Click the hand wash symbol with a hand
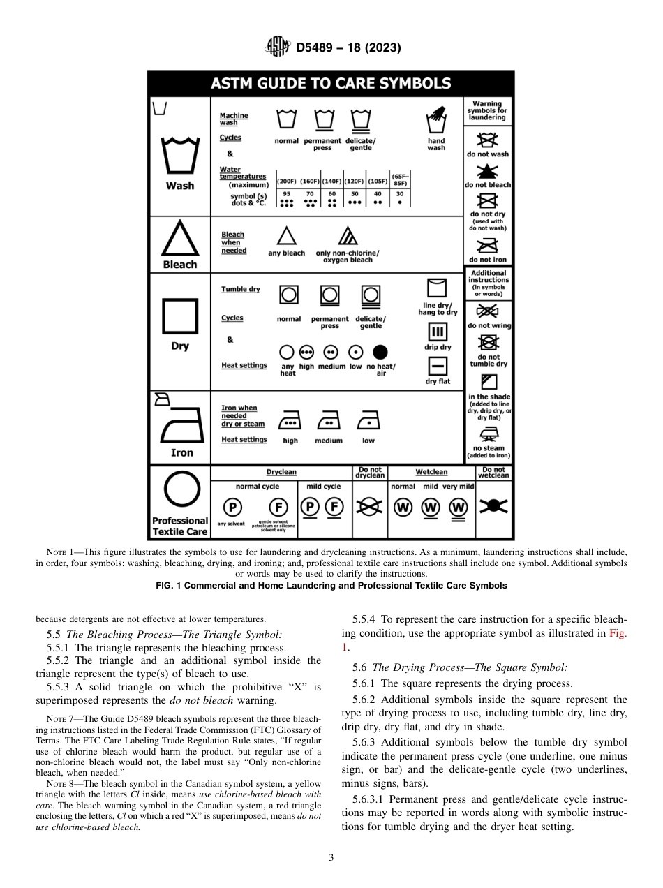pyautogui.click(x=437, y=119)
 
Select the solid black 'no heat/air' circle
pyautogui.click(x=380, y=353)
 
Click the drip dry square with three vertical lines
pyautogui.click(x=438, y=332)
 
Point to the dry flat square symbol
pyautogui.click(x=438, y=366)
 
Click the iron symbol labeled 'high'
pyautogui.click(x=290, y=422)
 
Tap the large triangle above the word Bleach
pyautogui.click(x=180, y=239)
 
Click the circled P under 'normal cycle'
pyautogui.click(x=231, y=507)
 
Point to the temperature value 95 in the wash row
pyautogui.click(x=286, y=194)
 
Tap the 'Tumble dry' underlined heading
pyautogui.click(x=240, y=289)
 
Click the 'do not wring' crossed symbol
pyautogui.click(x=489, y=311)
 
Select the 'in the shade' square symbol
pyautogui.click(x=489, y=381)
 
